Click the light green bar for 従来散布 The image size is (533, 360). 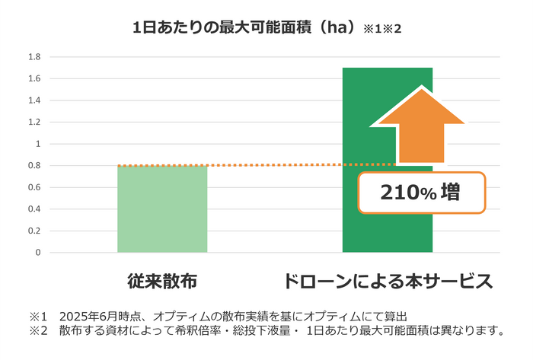point(162,209)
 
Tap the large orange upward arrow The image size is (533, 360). point(420,126)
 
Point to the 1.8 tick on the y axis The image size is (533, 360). point(34,56)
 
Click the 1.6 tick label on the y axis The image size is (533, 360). point(34,78)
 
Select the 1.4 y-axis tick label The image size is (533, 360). point(34,100)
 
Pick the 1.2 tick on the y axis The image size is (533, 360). point(34,122)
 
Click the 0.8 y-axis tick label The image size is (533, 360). point(34,165)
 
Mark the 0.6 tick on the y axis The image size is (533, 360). point(34,187)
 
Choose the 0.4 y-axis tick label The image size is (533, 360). point(34,209)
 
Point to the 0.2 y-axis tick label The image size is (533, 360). point(34,231)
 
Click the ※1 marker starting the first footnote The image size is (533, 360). point(39,316)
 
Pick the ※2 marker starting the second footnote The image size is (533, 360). point(39,330)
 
